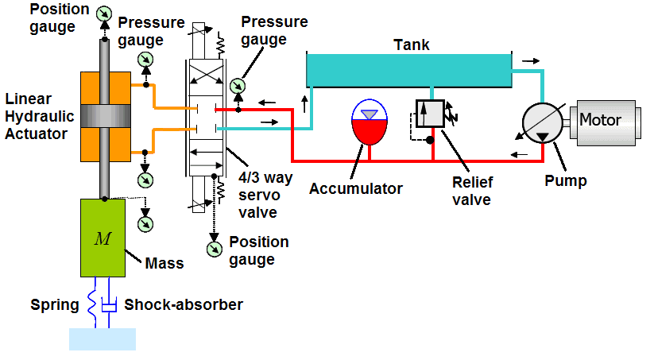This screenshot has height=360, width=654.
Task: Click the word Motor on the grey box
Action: [601, 121]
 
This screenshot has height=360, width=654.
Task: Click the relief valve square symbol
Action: [429, 113]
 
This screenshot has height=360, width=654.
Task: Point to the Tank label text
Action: [412, 45]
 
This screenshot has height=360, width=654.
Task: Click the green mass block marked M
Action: [103, 238]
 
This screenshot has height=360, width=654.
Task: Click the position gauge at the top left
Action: [103, 14]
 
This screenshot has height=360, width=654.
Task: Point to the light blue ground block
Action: [103, 339]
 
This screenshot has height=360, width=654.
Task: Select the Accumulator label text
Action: [356, 188]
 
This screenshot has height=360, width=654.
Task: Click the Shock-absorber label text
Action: [184, 304]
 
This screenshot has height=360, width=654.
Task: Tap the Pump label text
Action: [565, 180]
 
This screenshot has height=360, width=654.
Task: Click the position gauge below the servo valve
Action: [214, 249]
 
